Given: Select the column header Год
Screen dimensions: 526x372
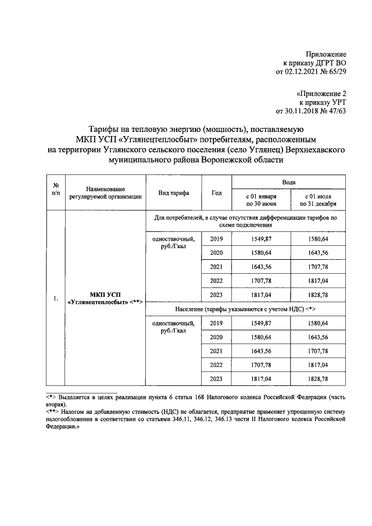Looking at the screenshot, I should (217, 192).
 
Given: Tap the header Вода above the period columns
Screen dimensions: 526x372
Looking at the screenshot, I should (289, 182).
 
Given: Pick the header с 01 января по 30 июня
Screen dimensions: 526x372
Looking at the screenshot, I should (260, 200).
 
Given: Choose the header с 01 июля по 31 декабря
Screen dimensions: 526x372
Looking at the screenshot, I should (317, 200).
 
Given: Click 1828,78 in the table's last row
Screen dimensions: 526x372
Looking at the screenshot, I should (317, 380).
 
